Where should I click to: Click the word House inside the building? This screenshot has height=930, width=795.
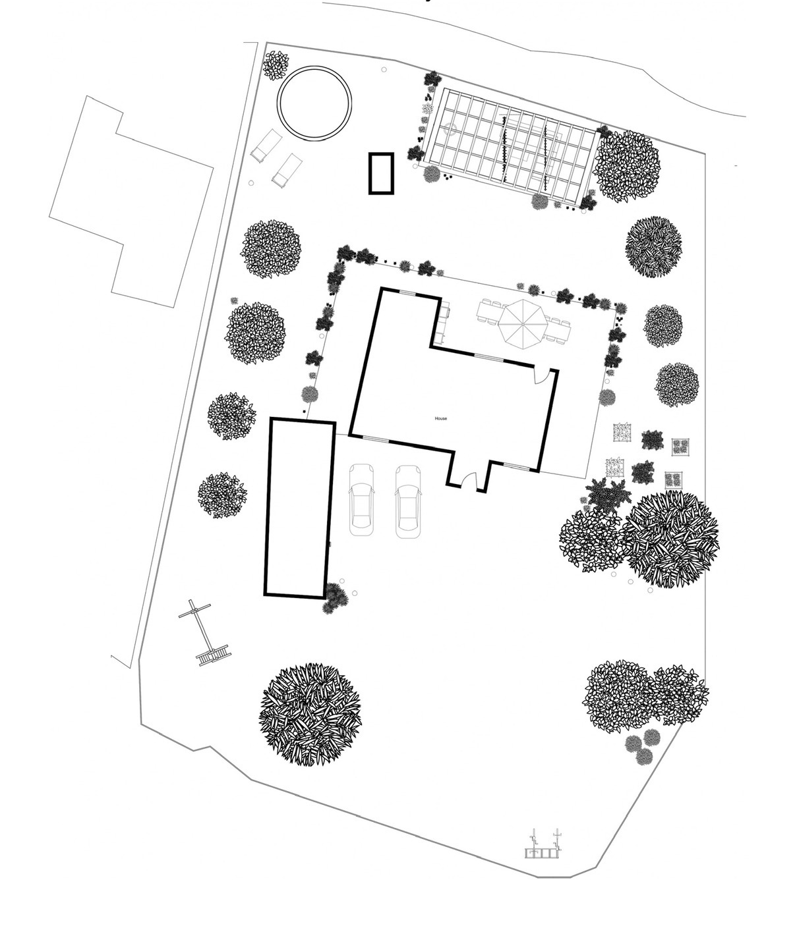pos(440,418)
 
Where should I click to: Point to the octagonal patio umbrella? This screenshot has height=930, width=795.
pos(522,324)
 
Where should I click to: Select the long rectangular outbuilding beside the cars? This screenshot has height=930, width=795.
pos(299,508)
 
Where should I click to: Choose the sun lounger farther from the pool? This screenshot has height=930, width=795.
pos(287,168)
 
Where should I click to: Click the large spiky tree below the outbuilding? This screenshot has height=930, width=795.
pos(310,714)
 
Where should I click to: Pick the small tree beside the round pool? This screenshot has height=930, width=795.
pos(275,65)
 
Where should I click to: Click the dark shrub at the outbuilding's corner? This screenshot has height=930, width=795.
pos(335,598)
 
